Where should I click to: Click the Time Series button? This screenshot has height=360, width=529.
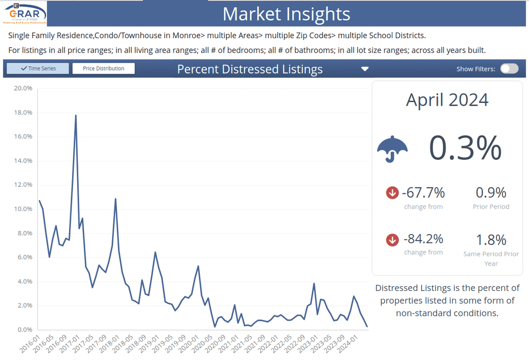pyautogui.click(x=38, y=69)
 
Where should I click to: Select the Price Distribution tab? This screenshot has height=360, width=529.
pyautogui.click(x=103, y=69)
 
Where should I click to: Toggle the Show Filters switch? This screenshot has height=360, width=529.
pyautogui.click(x=509, y=69)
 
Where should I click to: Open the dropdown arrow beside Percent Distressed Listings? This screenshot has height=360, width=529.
pyautogui.click(x=364, y=69)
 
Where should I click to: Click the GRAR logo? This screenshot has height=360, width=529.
pyautogui.click(x=25, y=13)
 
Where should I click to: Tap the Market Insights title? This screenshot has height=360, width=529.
pyautogui.click(x=287, y=14)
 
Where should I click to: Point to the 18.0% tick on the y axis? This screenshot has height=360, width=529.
pyautogui.click(x=23, y=113)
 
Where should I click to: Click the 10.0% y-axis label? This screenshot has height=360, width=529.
pyautogui.click(x=23, y=209)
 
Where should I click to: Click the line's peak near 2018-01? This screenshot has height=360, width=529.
pyautogui.click(x=115, y=199)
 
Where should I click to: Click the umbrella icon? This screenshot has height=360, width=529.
pyautogui.click(x=392, y=149)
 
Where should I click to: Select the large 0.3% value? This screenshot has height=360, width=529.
pyautogui.click(x=465, y=148)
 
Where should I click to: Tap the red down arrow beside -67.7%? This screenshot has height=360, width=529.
pyautogui.click(x=392, y=193)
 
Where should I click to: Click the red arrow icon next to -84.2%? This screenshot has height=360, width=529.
pyautogui.click(x=392, y=240)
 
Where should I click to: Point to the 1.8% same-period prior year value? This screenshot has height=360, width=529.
pyautogui.click(x=491, y=240)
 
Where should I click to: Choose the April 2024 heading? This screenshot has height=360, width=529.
pyautogui.click(x=447, y=100)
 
